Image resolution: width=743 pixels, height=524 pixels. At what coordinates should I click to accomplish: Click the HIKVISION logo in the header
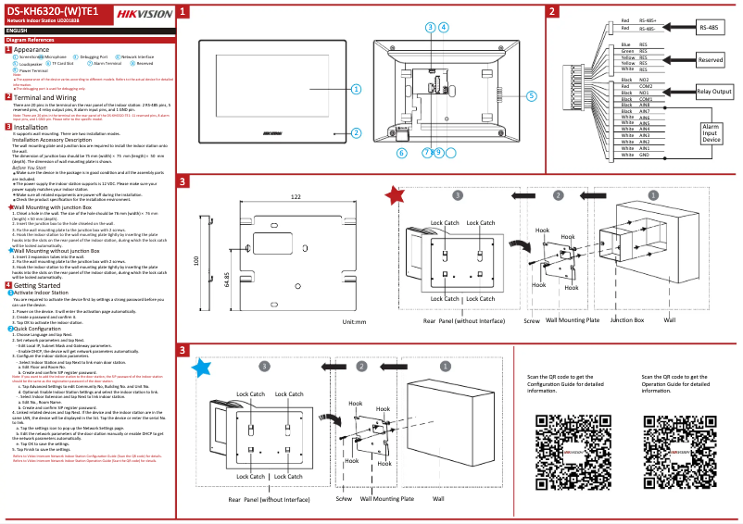pyautogui.click(x=143, y=12)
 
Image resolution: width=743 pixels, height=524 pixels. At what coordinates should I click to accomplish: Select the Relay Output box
pyautogui.click(x=714, y=92)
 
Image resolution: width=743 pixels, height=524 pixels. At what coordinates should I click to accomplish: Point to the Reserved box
pyautogui.click(x=711, y=59)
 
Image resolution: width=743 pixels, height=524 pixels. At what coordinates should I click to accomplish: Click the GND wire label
pyautogui.click(x=643, y=155)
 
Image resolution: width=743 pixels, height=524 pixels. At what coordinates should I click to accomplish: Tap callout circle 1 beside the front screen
pyautogui.click(x=356, y=89)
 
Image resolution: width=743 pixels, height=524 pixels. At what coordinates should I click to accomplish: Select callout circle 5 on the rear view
pyautogui.click(x=532, y=95)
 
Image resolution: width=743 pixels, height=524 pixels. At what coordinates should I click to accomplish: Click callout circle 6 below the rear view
pyautogui.click(x=402, y=152)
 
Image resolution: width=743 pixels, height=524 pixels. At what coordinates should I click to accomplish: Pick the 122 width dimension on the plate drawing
pyautogui.click(x=296, y=197)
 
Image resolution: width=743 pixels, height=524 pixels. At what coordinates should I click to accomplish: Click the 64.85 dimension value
pyautogui.click(x=228, y=280)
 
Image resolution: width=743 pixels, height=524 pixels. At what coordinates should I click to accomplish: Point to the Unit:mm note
pyautogui.click(x=355, y=322)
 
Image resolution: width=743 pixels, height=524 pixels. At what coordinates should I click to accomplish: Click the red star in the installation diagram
pyautogui.click(x=396, y=195)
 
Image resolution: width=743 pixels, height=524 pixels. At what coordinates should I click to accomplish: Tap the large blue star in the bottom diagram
pyautogui.click(x=201, y=368)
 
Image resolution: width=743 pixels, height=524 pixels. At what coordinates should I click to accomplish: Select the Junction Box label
pyautogui.click(x=626, y=320)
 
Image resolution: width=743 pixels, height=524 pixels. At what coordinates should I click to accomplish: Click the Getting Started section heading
pyautogui.click(x=37, y=285)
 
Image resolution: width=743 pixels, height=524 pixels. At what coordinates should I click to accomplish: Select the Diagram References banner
pyautogui.click(x=30, y=41)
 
